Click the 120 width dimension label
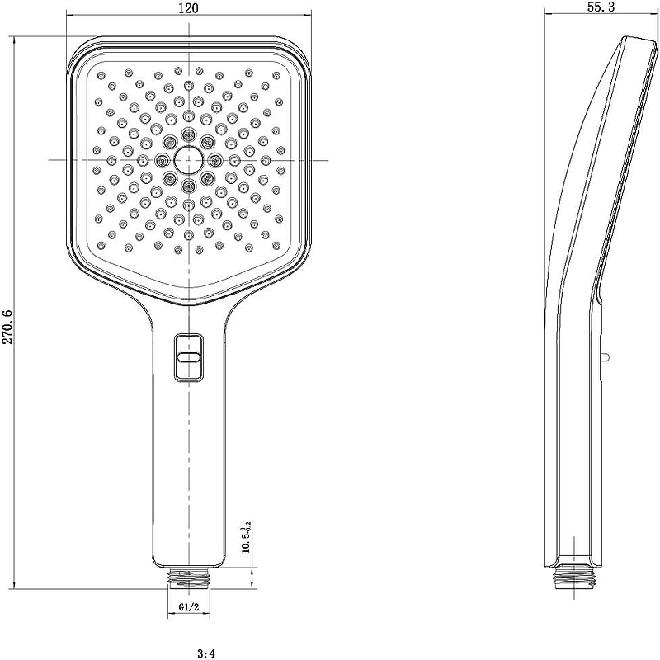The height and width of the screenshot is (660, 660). (190, 8)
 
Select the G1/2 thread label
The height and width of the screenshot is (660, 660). (189, 609)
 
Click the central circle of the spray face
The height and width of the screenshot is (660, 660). (189, 159)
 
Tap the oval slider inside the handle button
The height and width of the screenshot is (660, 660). (189, 356)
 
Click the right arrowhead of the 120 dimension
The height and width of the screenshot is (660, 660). (311, 15)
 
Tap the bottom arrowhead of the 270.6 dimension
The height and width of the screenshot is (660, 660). (15, 581)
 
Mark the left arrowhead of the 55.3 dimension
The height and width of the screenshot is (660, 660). (550, 15)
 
